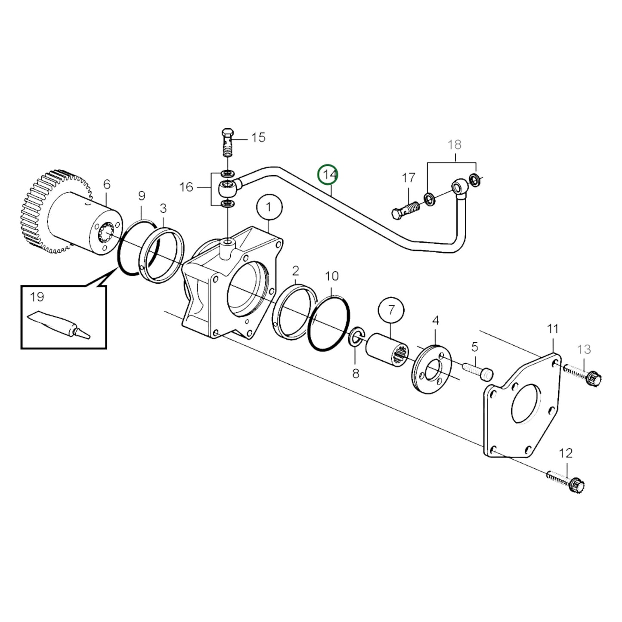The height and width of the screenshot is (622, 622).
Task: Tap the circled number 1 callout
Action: tap(269, 207)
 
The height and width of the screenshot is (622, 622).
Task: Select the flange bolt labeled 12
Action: tap(566, 481)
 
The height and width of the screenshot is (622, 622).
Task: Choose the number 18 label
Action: tap(455, 145)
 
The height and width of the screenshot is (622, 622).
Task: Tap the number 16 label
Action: tap(186, 187)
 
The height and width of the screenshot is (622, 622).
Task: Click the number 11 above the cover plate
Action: tap(553, 329)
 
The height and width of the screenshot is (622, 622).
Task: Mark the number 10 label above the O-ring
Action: tap(332, 276)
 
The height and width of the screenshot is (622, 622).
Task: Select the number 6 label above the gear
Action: tap(107, 184)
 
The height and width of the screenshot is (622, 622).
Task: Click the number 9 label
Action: tap(142, 196)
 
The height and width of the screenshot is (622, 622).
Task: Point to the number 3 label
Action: tap(163, 209)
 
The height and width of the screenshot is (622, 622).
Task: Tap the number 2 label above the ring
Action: tap(295, 271)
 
